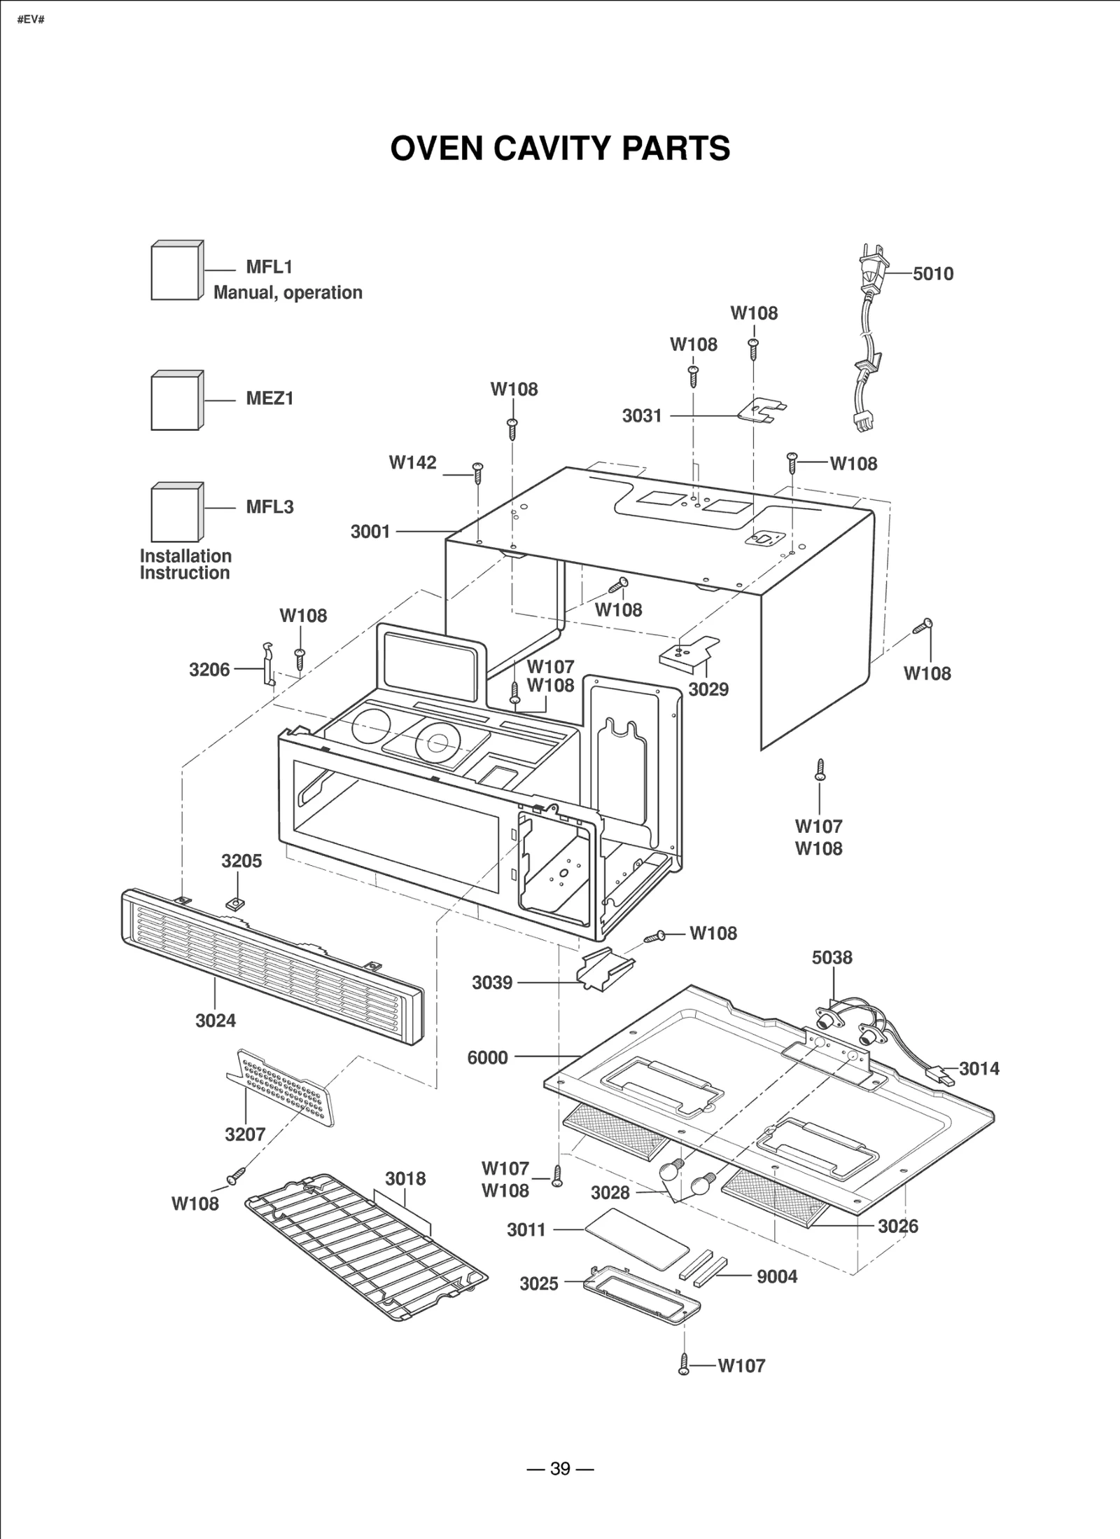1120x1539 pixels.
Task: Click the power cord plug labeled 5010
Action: coord(872,270)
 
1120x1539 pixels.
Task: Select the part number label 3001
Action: coord(370,532)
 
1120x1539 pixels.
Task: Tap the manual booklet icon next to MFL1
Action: coord(176,271)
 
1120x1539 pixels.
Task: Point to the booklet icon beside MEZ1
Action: coord(176,401)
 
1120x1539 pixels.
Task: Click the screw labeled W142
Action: coord(478,473)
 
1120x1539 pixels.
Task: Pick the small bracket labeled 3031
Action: coord(762,410)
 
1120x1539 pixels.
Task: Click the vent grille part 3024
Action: coord(273,967)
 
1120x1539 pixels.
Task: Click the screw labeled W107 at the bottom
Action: coord(684,1365)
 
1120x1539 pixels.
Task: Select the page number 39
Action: coord(560,1468)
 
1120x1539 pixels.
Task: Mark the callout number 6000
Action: coord(487,1058)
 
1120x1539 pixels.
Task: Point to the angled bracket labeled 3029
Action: coord(689,651)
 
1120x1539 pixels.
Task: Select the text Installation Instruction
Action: coord(185,565)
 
